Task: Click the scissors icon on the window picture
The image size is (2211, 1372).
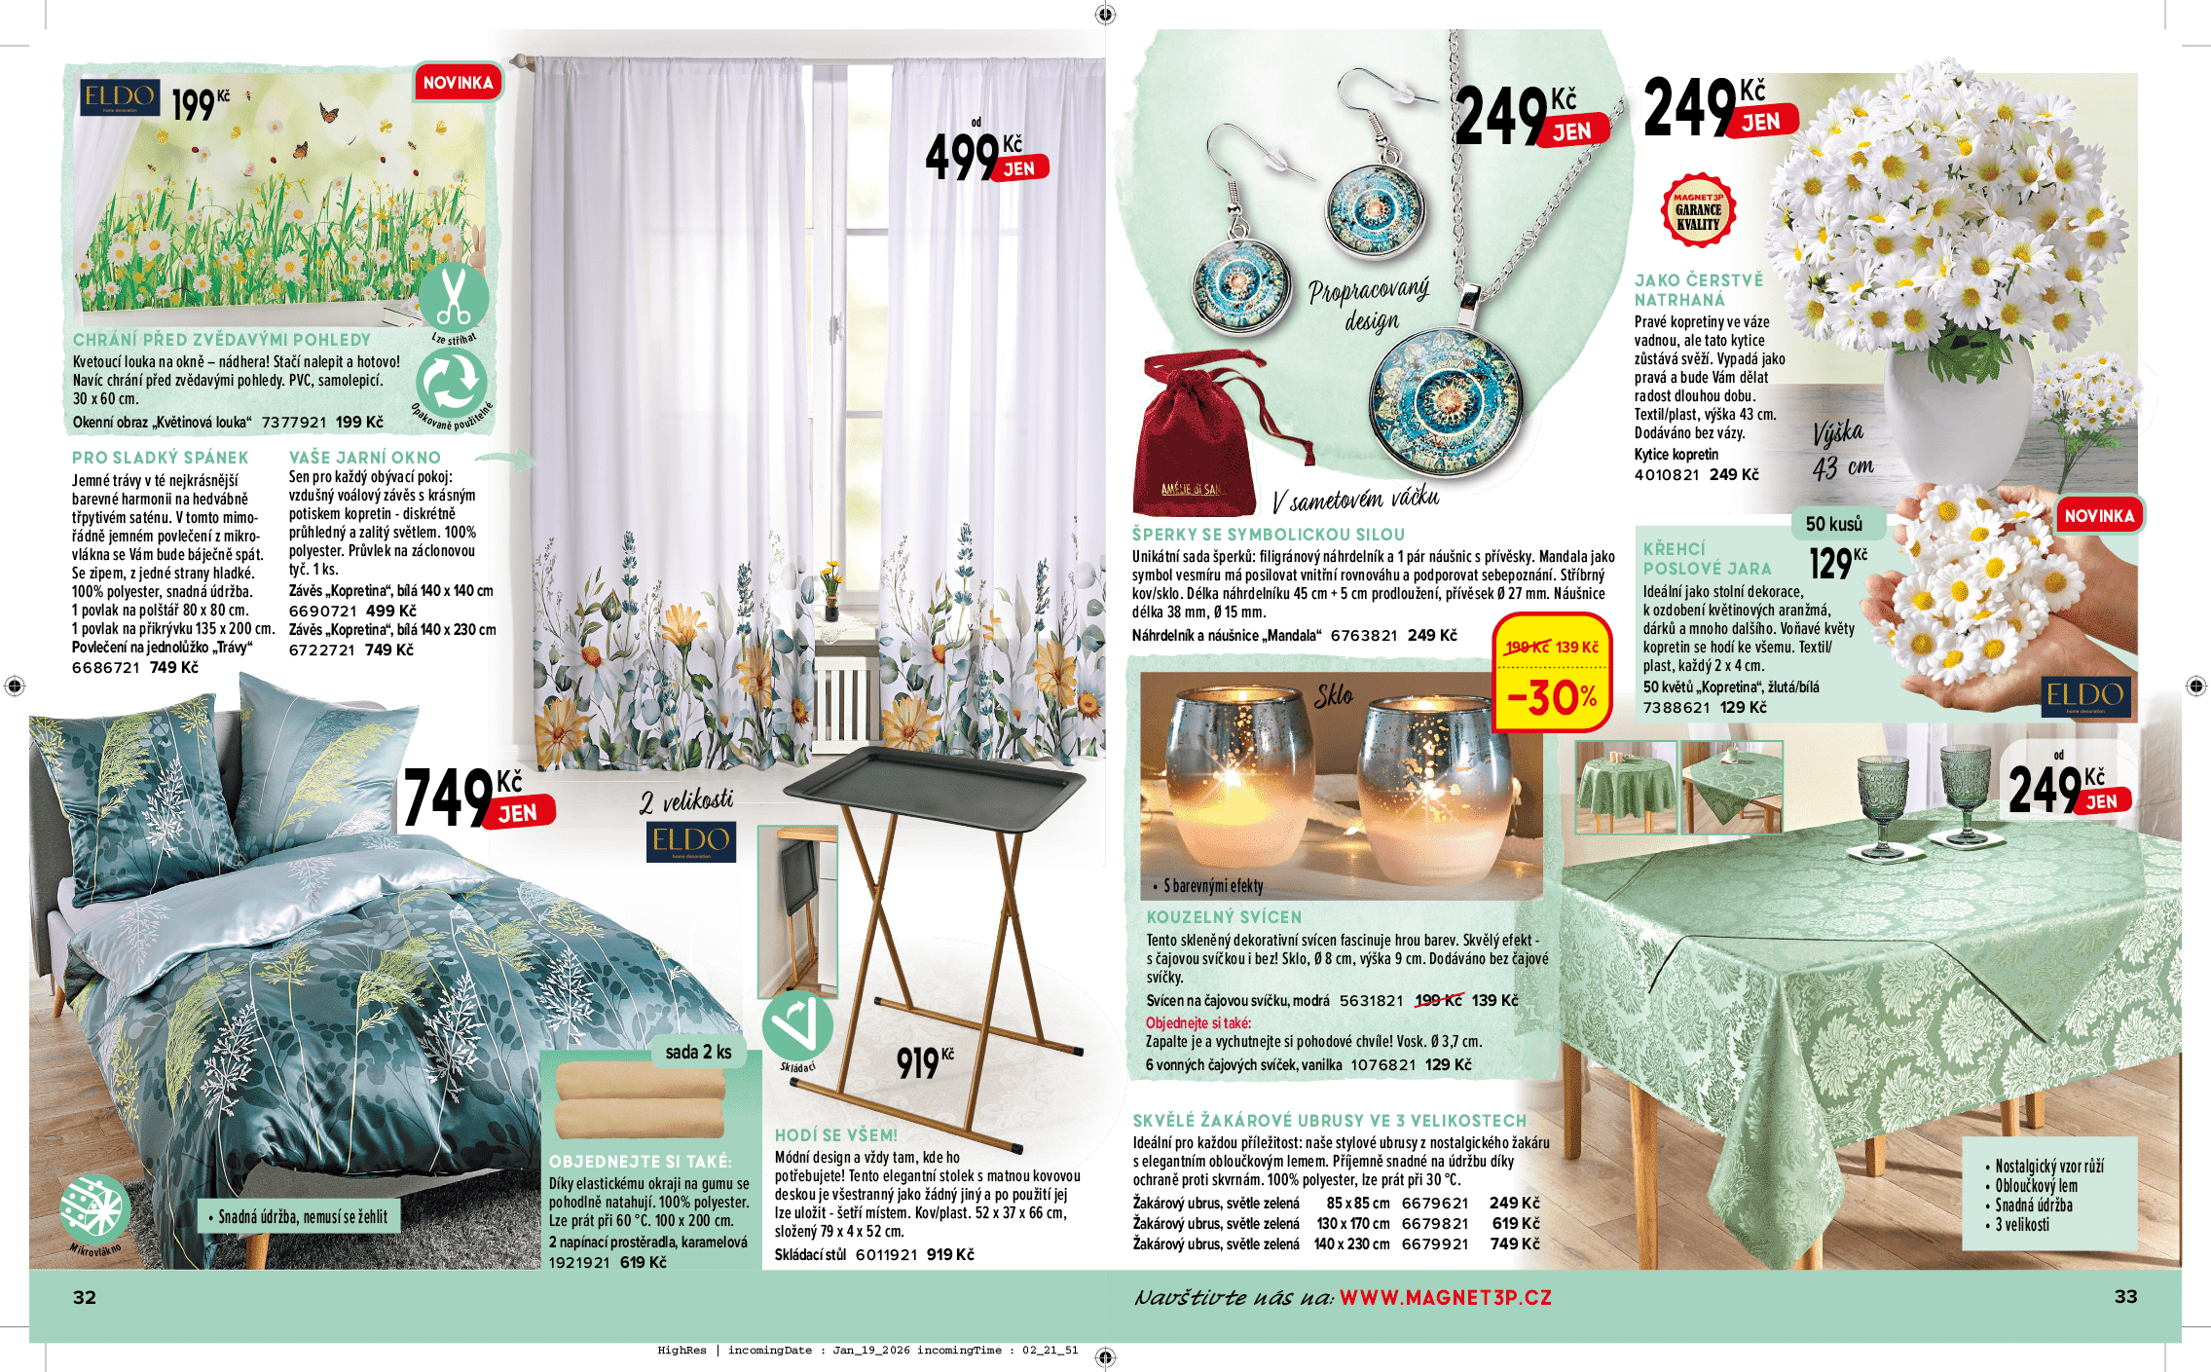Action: coord(453,295)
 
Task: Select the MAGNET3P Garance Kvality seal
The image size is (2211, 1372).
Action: coord(1698,210)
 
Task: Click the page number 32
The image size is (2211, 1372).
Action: coord(85,1296)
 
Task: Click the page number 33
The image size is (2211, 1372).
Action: coord(2125,1296)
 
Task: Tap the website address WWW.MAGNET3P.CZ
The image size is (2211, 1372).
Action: coord(1445,1297)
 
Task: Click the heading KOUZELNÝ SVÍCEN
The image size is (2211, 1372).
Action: coord(1223,917)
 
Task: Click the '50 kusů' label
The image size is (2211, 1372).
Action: coord(1833,524)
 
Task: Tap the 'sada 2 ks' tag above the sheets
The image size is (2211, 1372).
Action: coord(698,1052)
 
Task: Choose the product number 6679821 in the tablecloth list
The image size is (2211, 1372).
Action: coord(1434,1224)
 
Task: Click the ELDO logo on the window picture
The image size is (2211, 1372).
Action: coord(120,96)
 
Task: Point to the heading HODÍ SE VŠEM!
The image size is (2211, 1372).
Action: coord(835,1135)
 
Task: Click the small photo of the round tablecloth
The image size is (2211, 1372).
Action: coord(1625,787)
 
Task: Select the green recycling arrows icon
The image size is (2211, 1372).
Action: coord(451,383)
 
